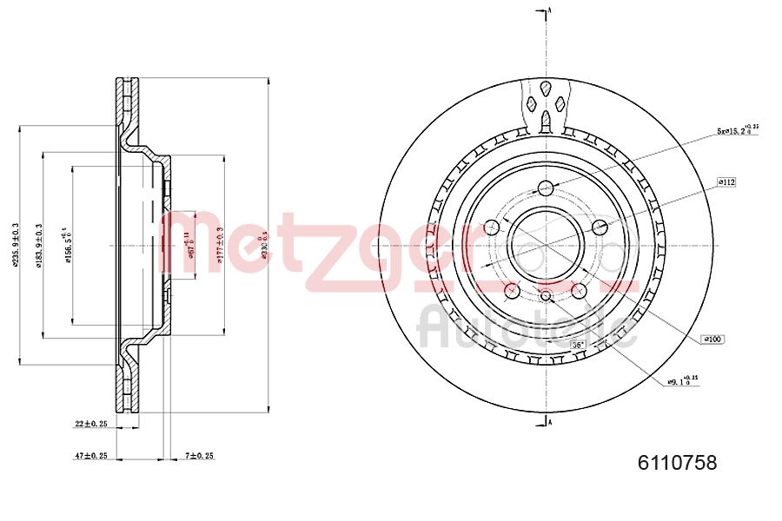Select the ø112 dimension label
(726, 181)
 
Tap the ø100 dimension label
(713, 339)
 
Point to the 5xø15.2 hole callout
(737, 130)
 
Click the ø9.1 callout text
(683, 381)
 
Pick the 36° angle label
(577, 345)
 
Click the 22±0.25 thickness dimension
(90, 425)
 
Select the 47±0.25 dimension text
(90, 455)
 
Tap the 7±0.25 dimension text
(199, 455)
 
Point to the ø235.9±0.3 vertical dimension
(15, 247)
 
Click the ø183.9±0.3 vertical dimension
(38, 247)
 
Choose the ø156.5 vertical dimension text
(66, 247)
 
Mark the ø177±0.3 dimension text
(221, 247)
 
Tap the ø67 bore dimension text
(189, 247)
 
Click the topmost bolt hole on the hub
(546, 188)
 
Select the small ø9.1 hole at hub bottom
(546, 298)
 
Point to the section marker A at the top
(550, 10)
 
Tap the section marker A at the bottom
(550, 422)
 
